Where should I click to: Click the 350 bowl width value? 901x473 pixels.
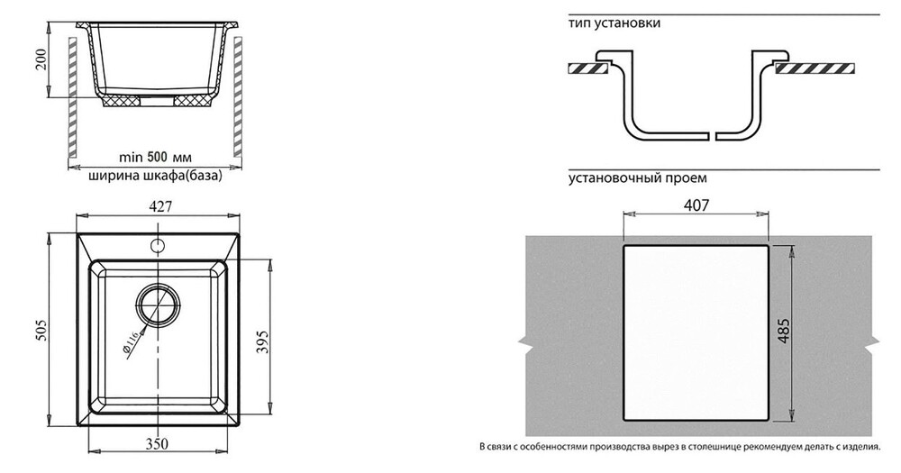point(158,443)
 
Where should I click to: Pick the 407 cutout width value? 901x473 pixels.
point(696,205)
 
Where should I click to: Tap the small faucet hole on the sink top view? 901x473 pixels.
point(158,245)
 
